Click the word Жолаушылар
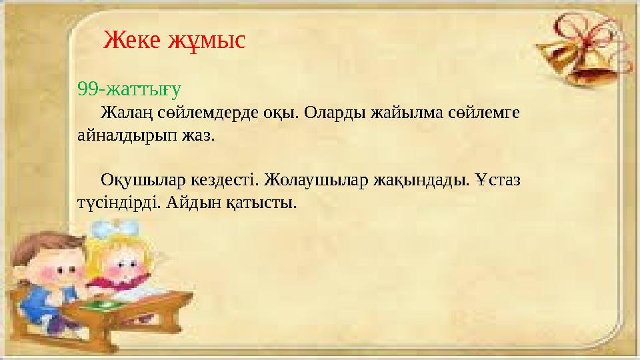tap(313, 181)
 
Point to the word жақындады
tap(420, 181)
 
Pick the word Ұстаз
tap(499, 181)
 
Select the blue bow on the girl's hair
tap(111, 230)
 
